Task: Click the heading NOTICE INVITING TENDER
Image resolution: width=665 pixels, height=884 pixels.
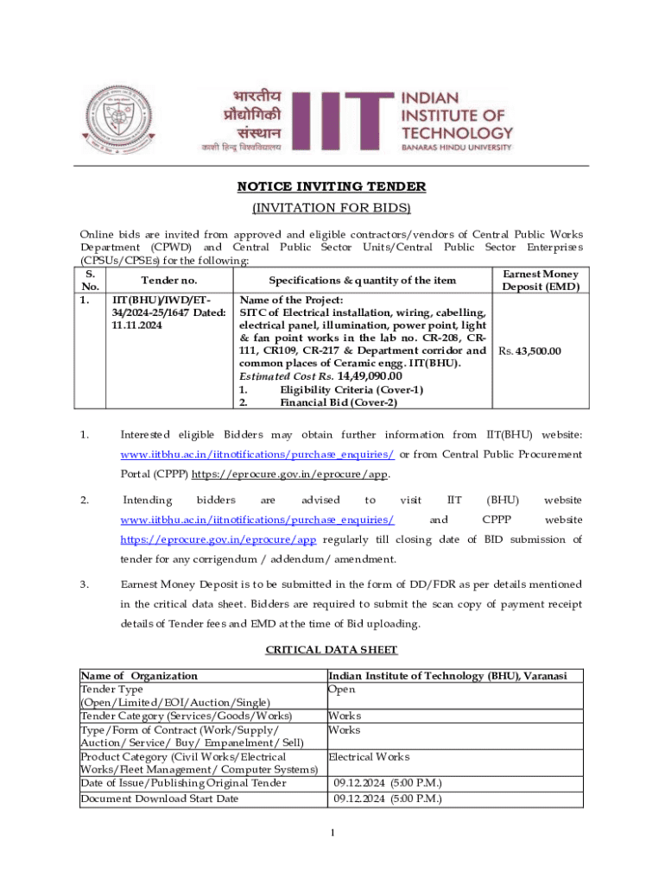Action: tap(332, 187)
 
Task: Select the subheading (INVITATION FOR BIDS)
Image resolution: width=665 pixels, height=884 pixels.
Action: tap(332, 208)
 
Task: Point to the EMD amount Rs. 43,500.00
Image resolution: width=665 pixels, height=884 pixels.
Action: tap(529, 351)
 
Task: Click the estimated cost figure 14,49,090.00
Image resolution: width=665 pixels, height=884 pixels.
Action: tap(370, 376)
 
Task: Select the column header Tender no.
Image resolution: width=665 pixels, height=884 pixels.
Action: tap(169, 281)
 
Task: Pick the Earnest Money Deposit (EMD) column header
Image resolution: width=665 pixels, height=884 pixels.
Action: tap(540, 281)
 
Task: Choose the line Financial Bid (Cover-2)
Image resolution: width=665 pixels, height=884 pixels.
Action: tap(339, 402)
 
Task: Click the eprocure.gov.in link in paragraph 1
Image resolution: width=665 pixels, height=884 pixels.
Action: tap(290, 474)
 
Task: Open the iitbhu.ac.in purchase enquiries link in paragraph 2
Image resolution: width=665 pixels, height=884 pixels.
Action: tap(257, 520)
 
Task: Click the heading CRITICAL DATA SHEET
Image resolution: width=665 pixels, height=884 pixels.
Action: tap(332, 648)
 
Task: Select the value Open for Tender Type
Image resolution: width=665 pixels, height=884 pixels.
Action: tap(341, 690)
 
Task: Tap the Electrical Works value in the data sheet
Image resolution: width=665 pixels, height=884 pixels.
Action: tap(369, 757)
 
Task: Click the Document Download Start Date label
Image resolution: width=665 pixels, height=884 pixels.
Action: tap(159, 799)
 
